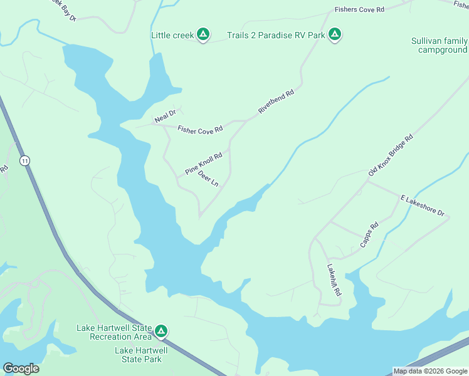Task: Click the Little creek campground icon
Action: click(x=203, y=35)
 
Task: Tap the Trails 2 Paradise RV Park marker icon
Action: click(x=335, y=35)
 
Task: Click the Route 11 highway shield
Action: click(x=24, y=161)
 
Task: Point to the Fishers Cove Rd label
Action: click(x=359, y=10)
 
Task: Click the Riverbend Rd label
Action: click(x=276, y=103)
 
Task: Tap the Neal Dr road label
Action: click(x=167, y=116)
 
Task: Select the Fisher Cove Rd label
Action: click(x=200, y=130)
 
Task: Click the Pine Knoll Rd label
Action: click(x=204, y=164)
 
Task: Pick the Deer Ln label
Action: click(x=208, y=180)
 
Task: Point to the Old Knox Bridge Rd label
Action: click(x=391, y=155)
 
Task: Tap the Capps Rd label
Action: click(x=370, y=235)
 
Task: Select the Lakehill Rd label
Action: click(x=333, y=284)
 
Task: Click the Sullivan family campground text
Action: click(x=439, y=45)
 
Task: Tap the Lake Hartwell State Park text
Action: click(x=142, y=355)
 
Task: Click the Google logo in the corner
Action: click(x=21, y=368)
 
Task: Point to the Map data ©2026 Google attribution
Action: click(x=430, y=371)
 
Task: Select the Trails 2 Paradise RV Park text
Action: click(x=276, y=35)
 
